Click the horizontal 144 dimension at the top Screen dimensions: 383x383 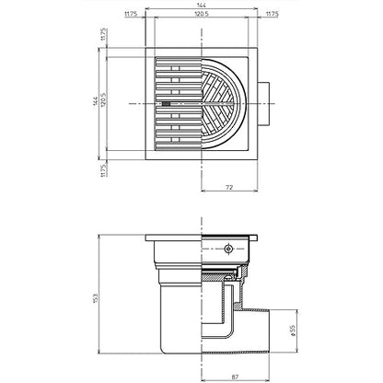[201, 5]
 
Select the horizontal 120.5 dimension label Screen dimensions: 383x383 [202, 14]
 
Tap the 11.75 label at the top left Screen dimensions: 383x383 [131, 14]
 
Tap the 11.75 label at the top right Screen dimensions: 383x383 [272, 14]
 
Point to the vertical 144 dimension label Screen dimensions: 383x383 [96, 101]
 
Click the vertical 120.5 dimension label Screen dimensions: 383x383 [103, 100]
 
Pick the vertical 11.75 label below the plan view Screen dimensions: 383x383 [103, 170]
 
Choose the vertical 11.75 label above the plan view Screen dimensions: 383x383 [103, 34]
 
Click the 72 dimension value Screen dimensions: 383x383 [229, 187]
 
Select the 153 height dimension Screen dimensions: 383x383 [95, 298]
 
